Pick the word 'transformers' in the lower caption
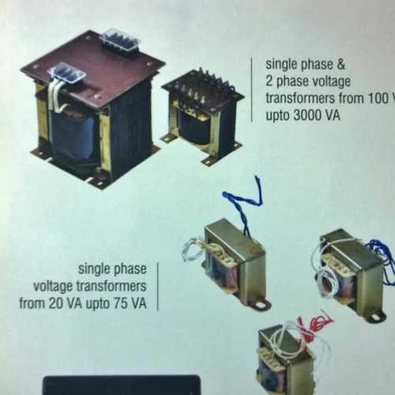(x=116, y=286)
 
